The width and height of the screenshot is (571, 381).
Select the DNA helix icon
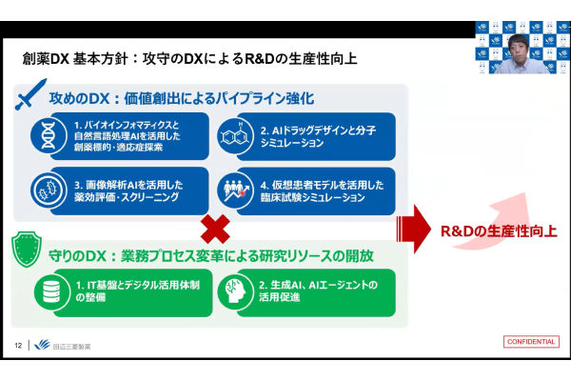click(49, 133)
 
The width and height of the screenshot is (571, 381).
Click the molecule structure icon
click(232, 133)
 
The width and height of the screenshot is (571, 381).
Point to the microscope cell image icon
click(49, 186)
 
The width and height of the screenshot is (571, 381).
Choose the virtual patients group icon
click(232, 186)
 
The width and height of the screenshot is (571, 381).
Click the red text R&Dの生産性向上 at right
click(498, 231)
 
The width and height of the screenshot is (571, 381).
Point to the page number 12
click(18, 345)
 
